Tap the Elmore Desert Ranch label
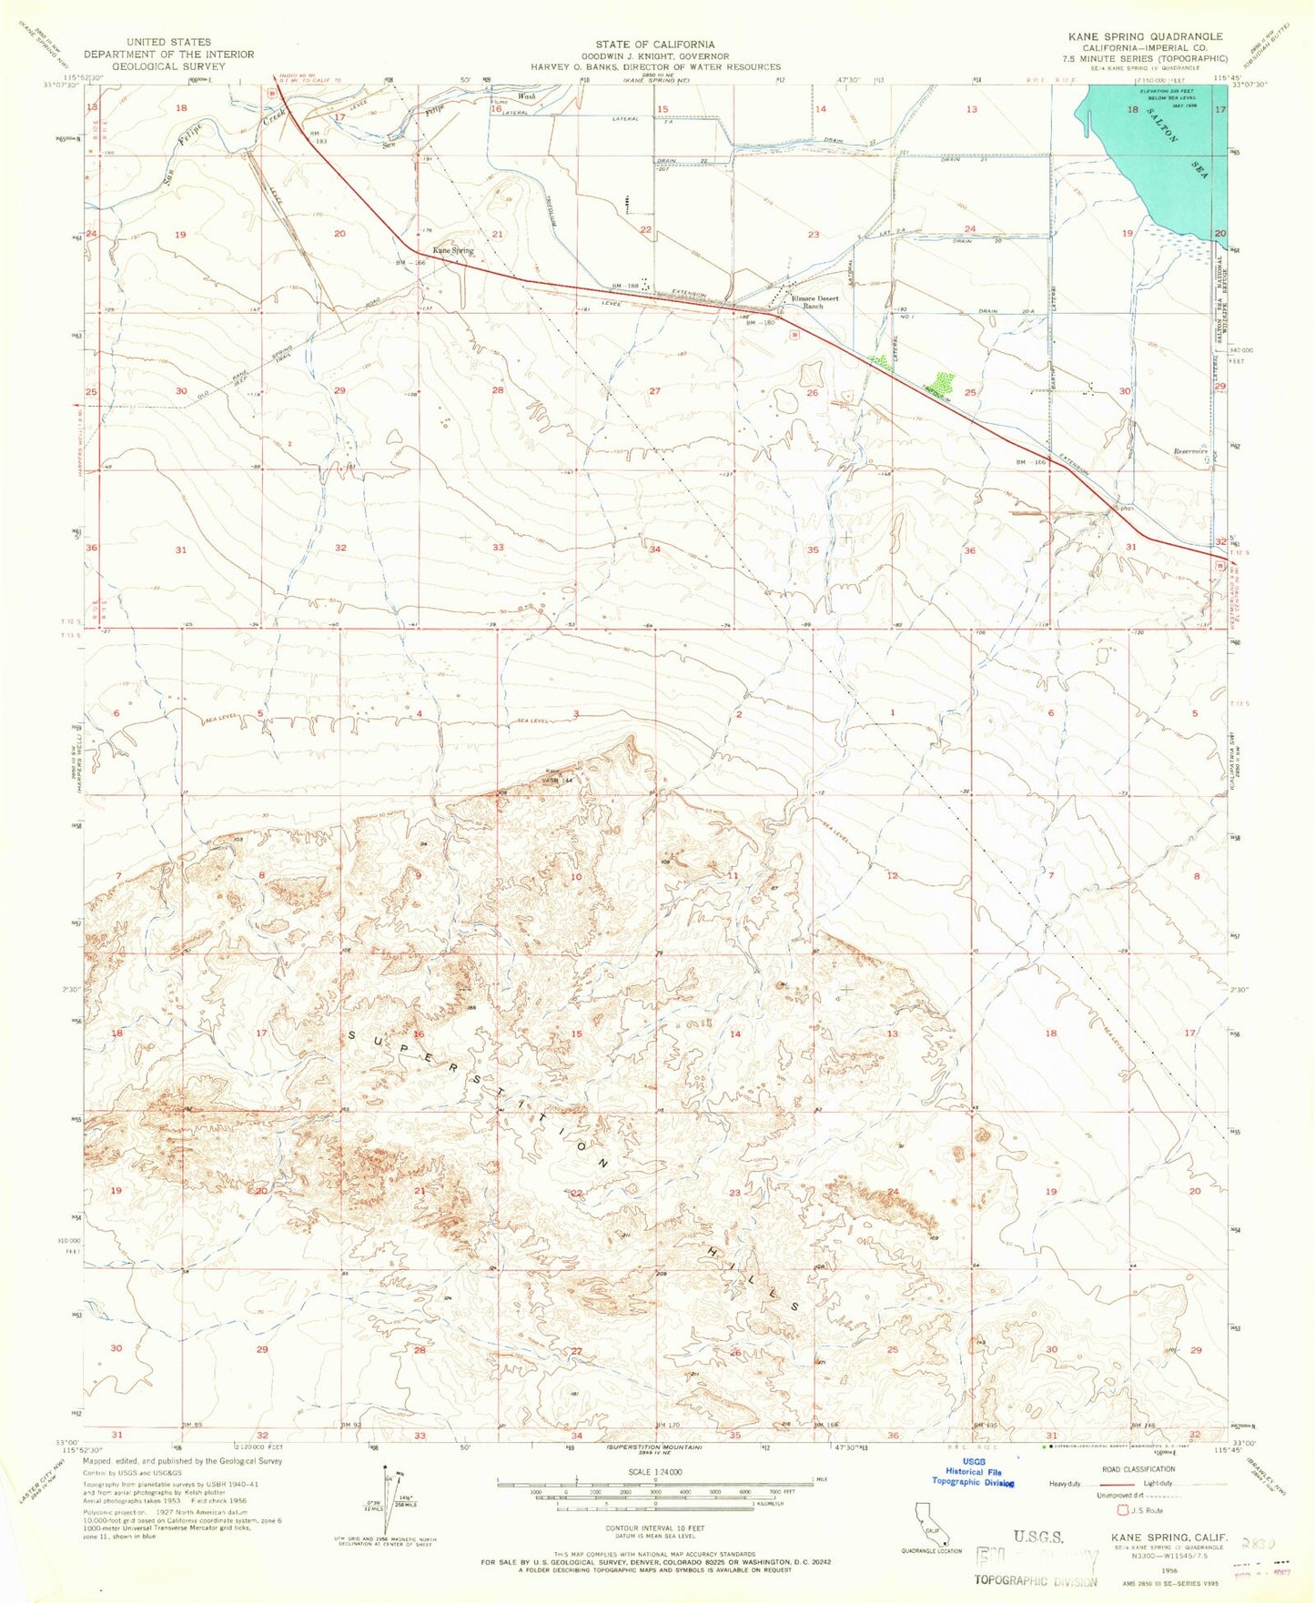(x=814, y=302)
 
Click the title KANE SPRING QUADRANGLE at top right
(x=1147, y=36)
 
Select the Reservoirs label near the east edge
(x=1189, y=451)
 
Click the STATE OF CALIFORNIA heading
(x=655, y=44)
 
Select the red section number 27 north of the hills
(x=654, y=390)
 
